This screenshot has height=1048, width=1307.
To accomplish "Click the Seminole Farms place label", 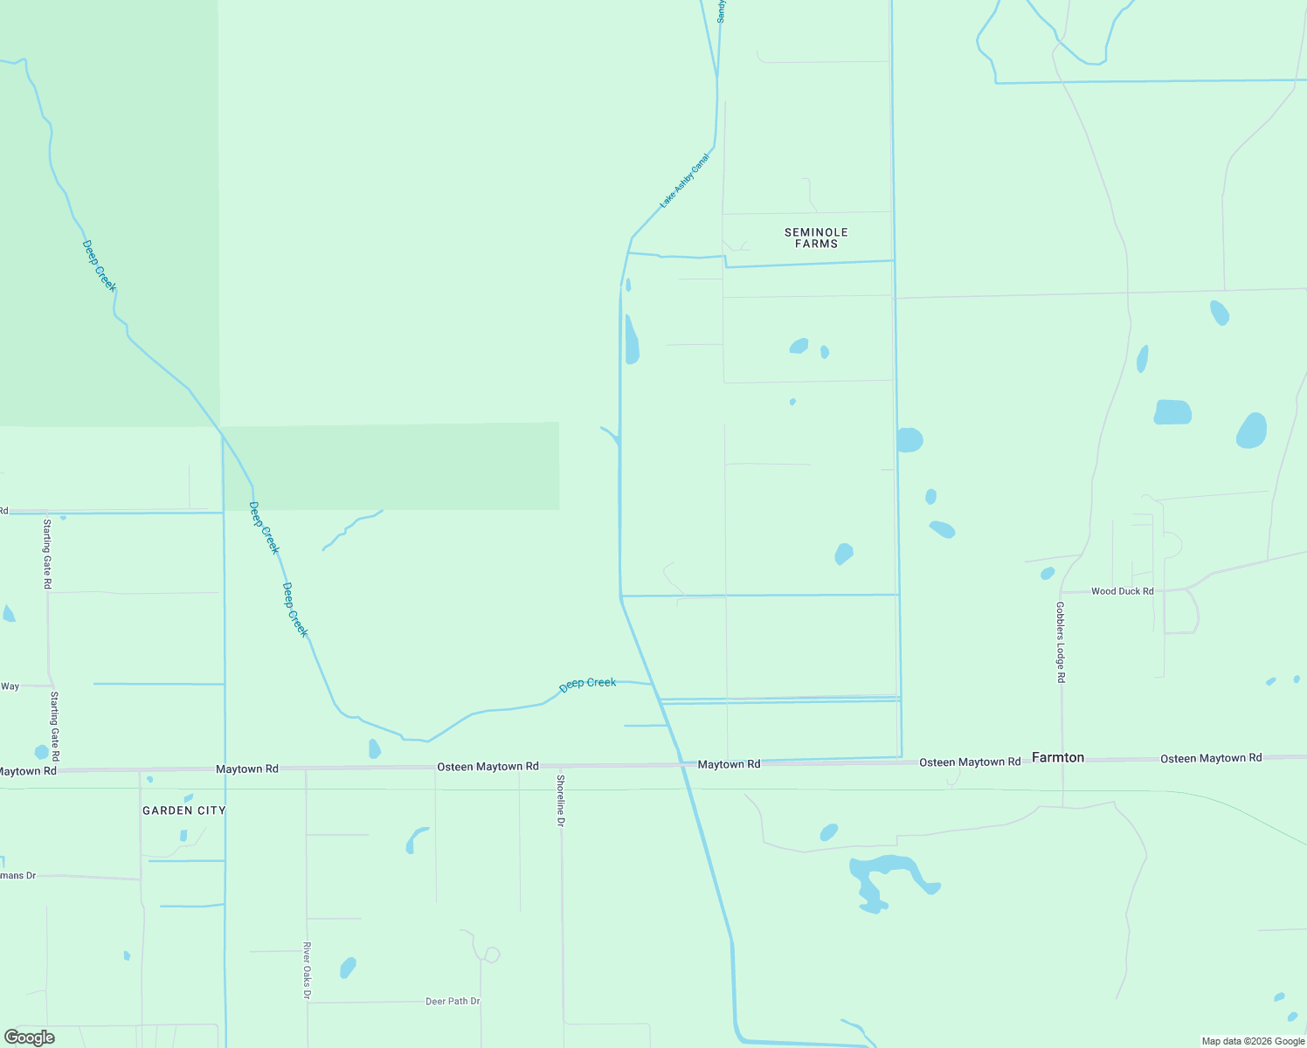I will [x=816, y=238].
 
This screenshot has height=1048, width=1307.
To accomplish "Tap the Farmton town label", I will [x=1058, y=757].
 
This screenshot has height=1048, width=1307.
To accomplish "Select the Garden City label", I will [x=183, y=810].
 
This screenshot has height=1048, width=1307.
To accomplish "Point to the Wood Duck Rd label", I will [x=1122, y=591].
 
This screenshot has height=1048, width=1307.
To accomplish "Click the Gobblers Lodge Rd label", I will [x=1061, y=642].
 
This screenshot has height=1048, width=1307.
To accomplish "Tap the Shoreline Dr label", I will [x=561, y=800].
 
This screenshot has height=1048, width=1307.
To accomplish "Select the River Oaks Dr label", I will [x=307, y=970].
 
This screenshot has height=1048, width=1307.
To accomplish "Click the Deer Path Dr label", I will [x=453, y=1001].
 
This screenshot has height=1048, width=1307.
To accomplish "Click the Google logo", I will [x=29, y=1038].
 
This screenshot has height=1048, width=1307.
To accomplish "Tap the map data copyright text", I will [x=1253, y=1041].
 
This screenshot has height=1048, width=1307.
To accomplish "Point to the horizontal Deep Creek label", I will [x=588, y=683].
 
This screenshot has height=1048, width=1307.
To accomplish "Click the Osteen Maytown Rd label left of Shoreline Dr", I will [x=488, y=767].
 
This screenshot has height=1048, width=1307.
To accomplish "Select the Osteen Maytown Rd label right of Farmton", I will [x=1211, y=758].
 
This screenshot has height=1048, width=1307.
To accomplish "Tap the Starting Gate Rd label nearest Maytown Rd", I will [x=54, y=726].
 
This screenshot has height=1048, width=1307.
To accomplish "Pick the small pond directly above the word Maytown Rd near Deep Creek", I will [x=374, y=748].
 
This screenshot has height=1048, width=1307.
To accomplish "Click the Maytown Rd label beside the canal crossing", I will [x=729, y=764].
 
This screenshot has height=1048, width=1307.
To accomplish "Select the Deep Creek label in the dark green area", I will [x=99, y=265].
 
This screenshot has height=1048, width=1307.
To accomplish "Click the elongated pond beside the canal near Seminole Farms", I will [x=632, y=341].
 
